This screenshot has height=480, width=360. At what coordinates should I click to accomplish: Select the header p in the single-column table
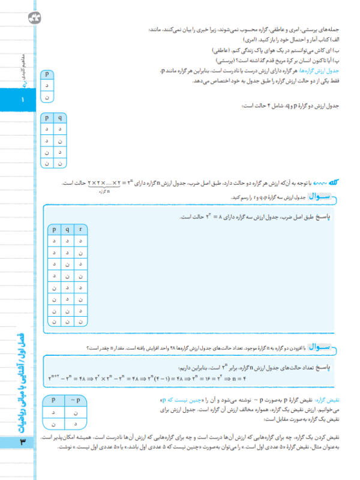(x=47, y=74)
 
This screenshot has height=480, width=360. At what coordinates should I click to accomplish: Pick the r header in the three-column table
(x=81, y=229)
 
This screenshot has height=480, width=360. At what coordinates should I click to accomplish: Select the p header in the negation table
(x=54, y=399)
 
